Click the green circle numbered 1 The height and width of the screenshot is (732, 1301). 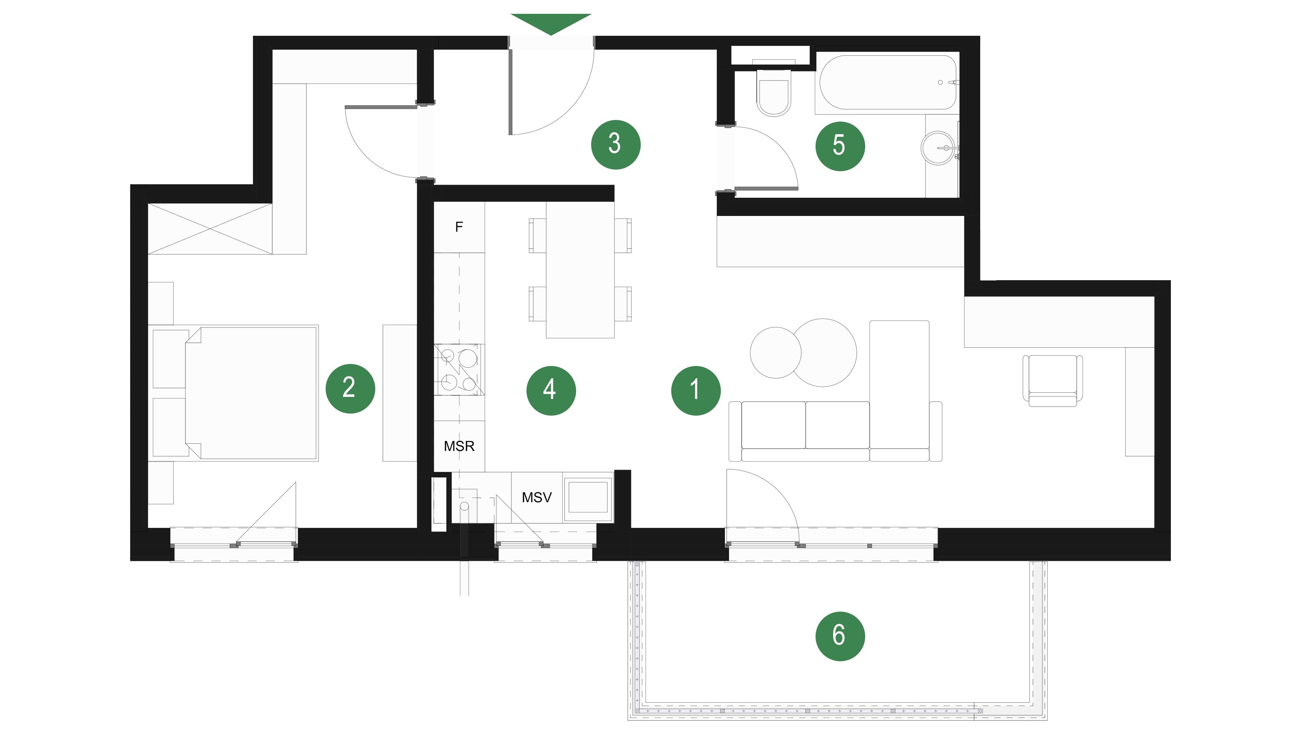[696, 390]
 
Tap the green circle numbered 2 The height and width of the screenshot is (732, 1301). [350, 388]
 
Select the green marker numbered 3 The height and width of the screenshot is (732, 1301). [616, 144]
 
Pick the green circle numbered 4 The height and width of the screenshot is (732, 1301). [551, 390]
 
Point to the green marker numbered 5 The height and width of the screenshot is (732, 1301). [840, 146]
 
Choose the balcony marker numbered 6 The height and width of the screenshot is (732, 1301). [840, 636]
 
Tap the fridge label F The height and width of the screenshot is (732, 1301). [459, 227]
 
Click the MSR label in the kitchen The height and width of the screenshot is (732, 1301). [459, 446]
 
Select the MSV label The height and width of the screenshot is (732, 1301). [536, 498]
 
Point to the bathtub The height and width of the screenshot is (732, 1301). [888, 82]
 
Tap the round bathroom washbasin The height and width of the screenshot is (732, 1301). [938, 148]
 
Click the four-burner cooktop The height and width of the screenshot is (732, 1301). [459, 369]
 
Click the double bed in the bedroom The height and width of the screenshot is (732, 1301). [251, 392]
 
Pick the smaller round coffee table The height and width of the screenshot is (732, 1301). [775, 353]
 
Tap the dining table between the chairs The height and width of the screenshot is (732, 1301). [580, 270]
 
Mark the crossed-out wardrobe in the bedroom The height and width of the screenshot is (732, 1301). [210, 229]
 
